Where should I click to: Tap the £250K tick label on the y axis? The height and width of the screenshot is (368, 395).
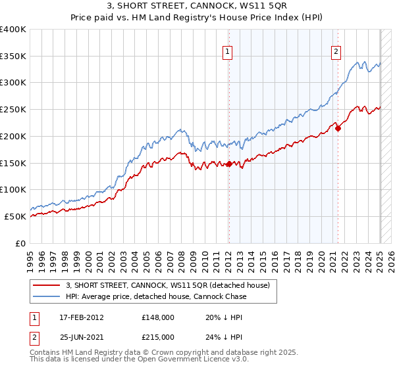coord(13,109)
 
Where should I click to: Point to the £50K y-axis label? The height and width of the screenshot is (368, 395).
coord(15,216)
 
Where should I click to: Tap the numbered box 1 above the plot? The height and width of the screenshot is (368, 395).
coord(227,52)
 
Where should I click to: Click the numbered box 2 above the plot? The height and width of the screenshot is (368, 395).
coord(336,52)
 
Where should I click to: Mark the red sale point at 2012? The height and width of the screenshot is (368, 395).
coord(229,164)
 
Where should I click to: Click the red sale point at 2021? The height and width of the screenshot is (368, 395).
coord(338,128)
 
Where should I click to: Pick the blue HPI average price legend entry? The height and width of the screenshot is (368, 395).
coord(156,296)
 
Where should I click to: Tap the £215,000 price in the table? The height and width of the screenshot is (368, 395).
coord(158,337)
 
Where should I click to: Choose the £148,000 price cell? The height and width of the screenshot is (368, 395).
coord(158,317)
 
